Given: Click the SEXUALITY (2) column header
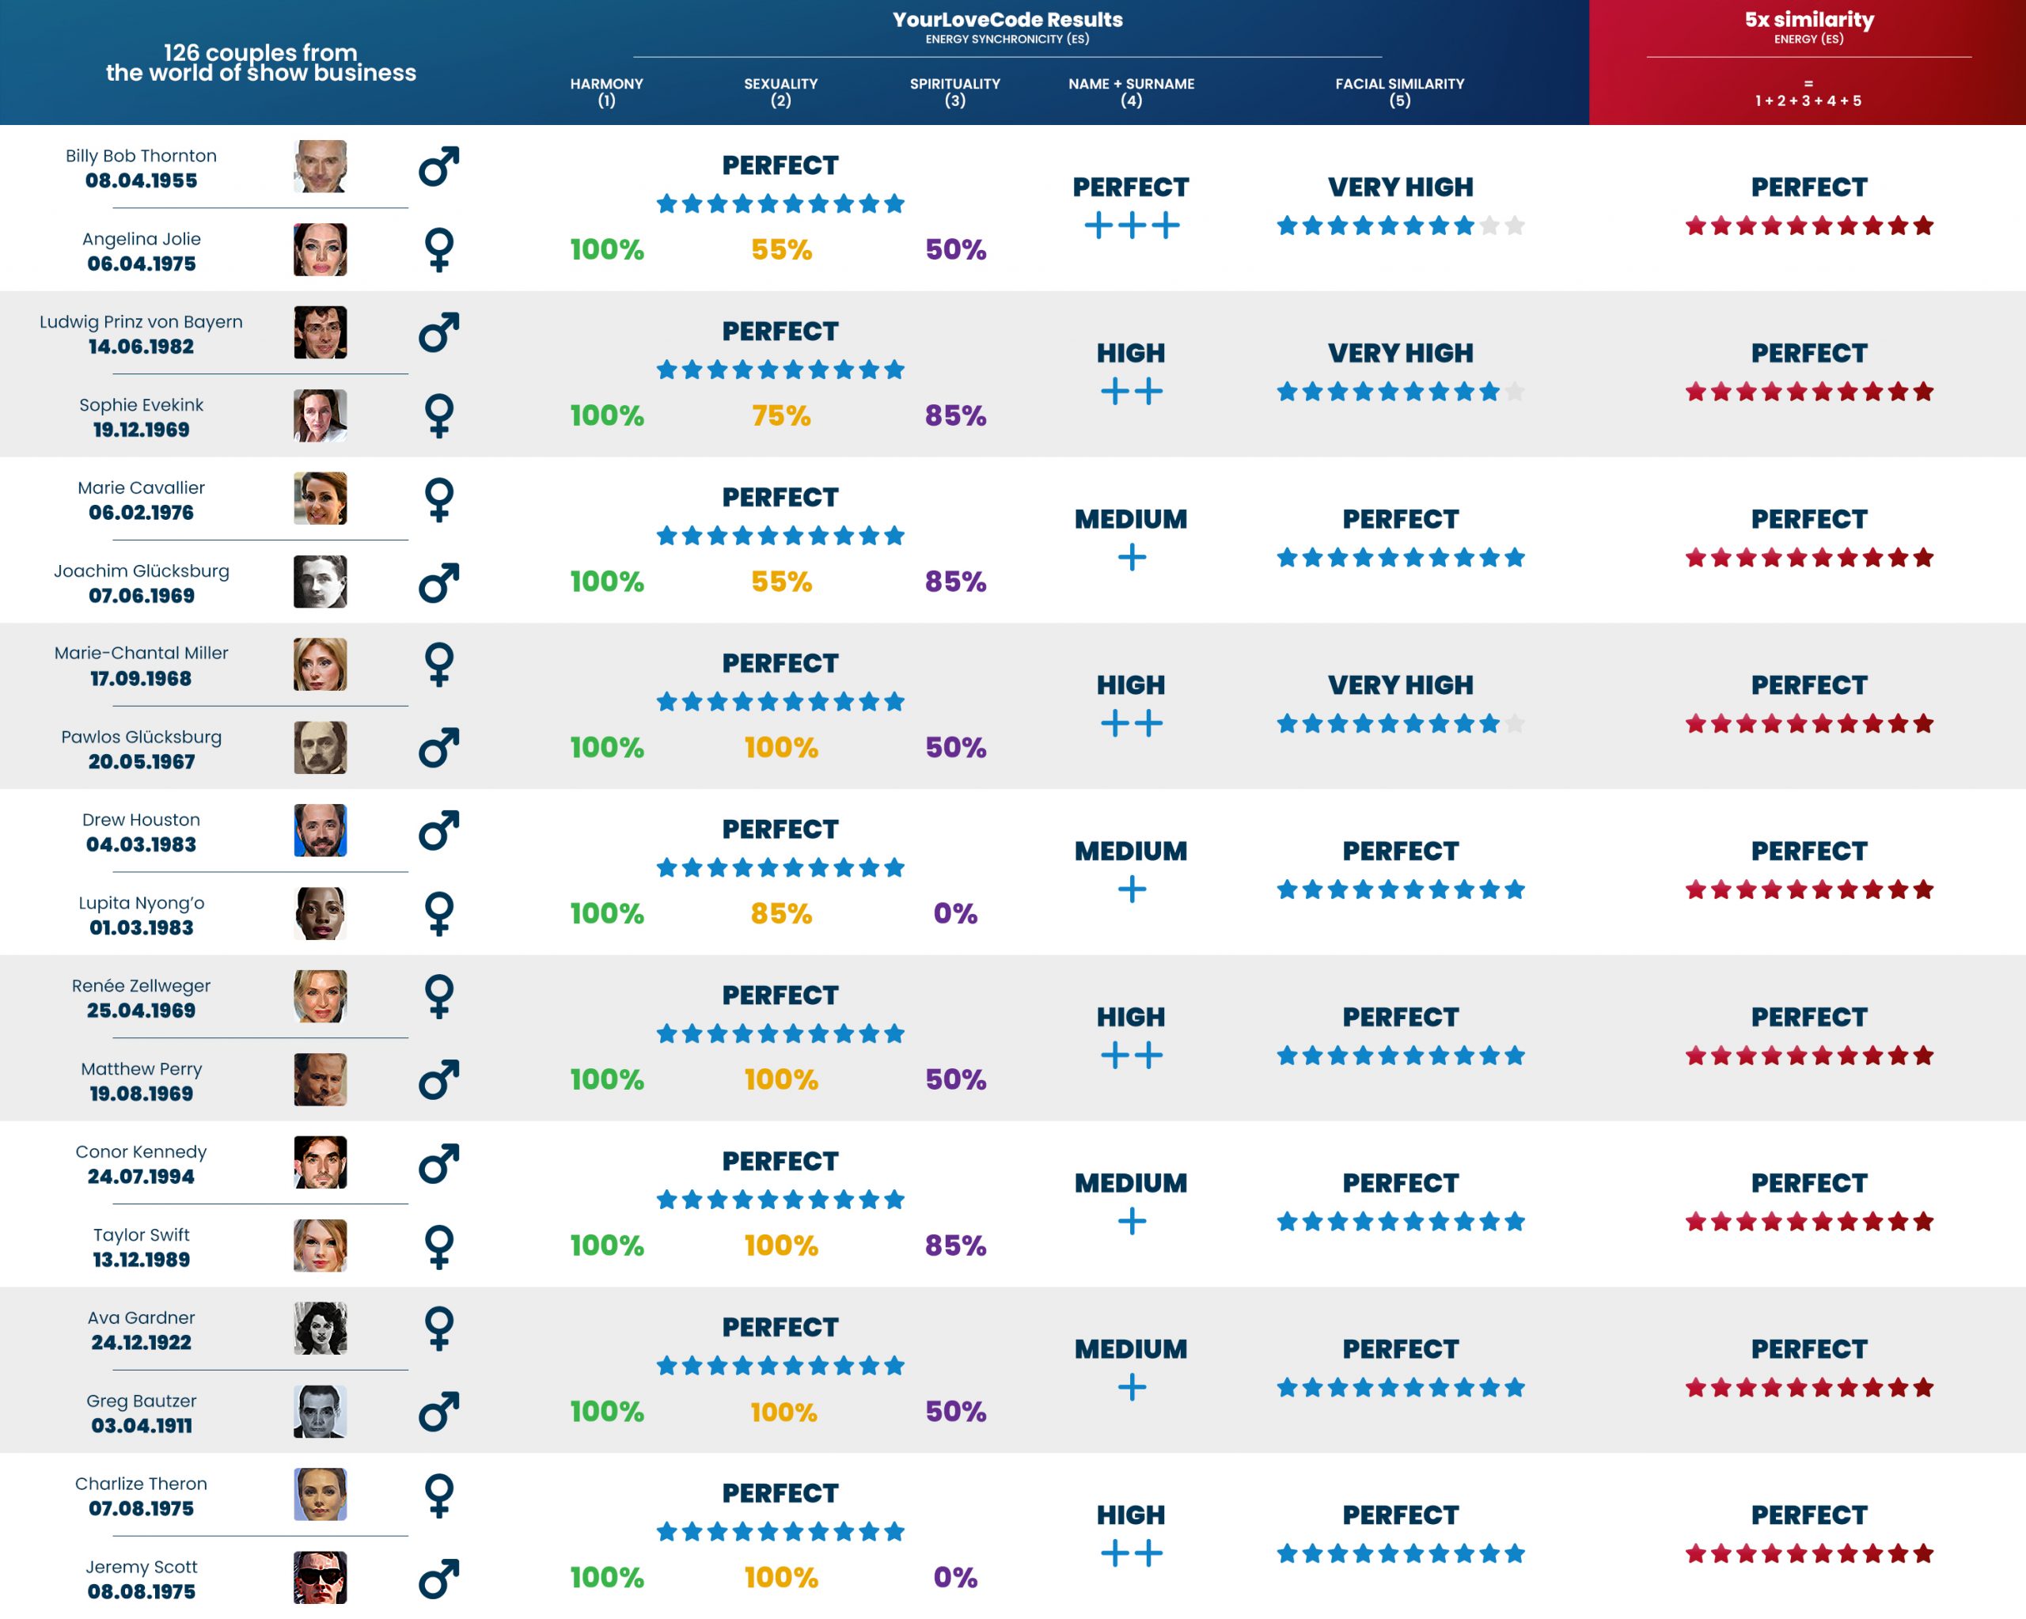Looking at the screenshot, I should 780,91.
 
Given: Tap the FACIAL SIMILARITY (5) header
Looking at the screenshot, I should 1399,91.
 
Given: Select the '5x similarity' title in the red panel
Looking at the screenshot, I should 1808,20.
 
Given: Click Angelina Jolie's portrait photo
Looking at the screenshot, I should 320,249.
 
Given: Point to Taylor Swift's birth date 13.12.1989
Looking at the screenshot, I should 141,1259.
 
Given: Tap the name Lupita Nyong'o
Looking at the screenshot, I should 141,902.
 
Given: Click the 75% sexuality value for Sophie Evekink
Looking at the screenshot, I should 781,415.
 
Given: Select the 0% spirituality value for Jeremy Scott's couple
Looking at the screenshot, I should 954,1577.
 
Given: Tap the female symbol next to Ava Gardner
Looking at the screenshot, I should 439,1328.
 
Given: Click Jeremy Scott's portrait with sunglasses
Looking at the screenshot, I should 320,1577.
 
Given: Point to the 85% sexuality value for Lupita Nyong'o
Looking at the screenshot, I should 781,913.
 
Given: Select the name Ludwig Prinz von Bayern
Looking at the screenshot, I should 141,321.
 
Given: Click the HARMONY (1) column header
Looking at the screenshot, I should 606,91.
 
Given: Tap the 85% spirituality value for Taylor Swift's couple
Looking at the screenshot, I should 954,1245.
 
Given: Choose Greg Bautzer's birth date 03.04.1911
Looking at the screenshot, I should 141,1425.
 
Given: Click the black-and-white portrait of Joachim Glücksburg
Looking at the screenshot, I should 320,581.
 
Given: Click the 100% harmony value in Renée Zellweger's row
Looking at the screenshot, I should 606,1079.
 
